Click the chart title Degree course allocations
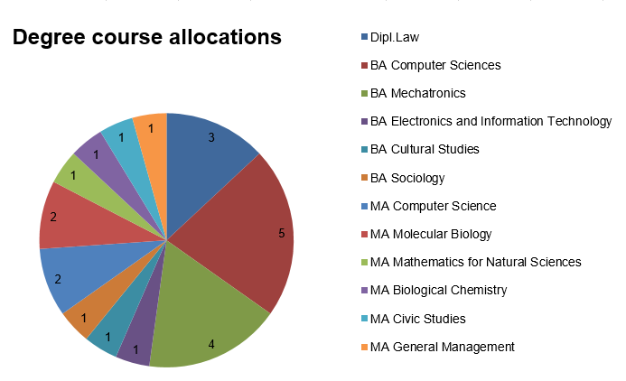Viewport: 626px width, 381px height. pos(146,38)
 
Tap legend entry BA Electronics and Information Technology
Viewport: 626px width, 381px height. pos(491,121)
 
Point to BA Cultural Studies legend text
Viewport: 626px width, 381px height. pos(425,149)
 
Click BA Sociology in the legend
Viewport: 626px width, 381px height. pos(407,178)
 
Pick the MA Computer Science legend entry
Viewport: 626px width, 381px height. pos(433,206)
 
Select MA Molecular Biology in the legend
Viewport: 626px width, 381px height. pos(431,234)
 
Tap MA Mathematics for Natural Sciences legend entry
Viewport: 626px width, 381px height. pos(475,262)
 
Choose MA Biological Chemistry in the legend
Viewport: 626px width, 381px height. pos(438,290)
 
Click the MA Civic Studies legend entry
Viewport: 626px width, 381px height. pos(419,318)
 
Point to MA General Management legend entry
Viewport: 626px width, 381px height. pos(442,346)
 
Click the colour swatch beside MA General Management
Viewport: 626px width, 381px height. pos(364,347)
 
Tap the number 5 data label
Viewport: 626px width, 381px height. pos(281,233)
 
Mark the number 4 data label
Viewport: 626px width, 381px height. pos(211,344)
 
